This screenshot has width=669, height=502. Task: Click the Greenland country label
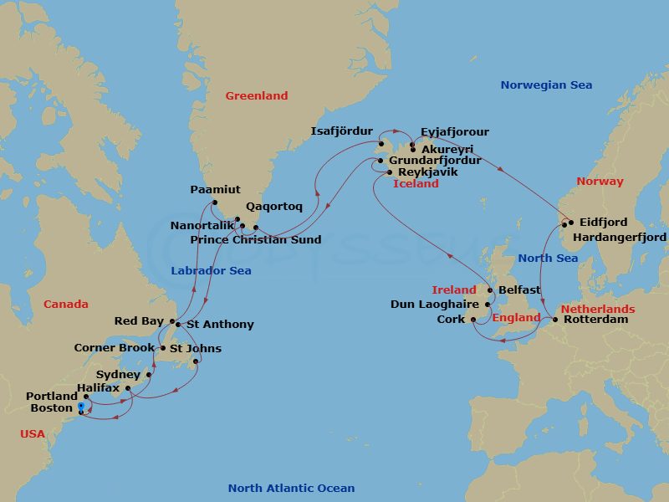[x=256, y=96]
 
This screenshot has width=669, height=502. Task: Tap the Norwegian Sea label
[x=546, y=85]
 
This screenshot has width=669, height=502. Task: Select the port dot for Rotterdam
[x=557, y=320]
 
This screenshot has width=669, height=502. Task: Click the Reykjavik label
[x=428, y=172]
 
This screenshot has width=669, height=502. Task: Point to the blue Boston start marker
[x=80, y=407]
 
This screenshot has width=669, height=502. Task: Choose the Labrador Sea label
[x=211, y=271]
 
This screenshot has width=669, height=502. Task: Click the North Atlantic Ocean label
[x=291, y=489]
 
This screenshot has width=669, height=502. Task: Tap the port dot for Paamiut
[x=215, y=203]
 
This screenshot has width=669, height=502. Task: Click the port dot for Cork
[x=473, y=320]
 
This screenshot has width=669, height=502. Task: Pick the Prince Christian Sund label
[x=255, y=240]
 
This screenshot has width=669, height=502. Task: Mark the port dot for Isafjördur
[x=380, y=145]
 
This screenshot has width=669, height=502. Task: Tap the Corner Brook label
[x=114, y=348]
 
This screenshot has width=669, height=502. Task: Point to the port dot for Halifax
[x=127, y=388]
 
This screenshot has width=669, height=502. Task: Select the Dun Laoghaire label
[x=435, y=305]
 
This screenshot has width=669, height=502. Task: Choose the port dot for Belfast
[x=489, y=290]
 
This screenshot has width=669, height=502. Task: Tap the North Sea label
[x=547, y=258]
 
